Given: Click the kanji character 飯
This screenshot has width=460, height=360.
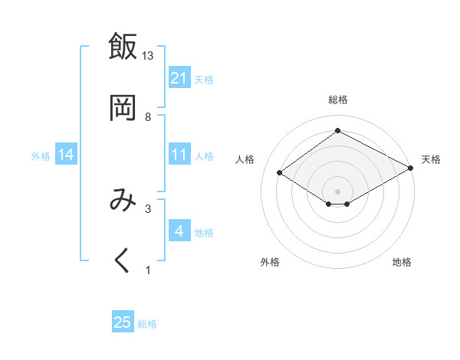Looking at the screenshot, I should (123, 47).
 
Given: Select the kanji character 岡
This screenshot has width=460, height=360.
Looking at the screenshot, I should (123, 108).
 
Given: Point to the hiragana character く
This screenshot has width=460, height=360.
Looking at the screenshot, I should (123, 260).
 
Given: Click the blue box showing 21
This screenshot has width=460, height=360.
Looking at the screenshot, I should (179, 78).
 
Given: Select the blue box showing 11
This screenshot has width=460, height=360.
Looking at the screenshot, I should (179, 155).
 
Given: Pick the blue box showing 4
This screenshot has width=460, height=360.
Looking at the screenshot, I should (179, 231).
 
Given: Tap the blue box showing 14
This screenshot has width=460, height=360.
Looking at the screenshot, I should (66, 155).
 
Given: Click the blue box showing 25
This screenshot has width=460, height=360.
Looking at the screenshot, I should (123, 322).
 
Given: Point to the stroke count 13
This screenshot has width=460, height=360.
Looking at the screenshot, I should (148, 56).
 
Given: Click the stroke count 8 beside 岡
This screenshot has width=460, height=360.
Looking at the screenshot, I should (148, 117).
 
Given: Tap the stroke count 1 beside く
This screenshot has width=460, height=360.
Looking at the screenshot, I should (148, 270).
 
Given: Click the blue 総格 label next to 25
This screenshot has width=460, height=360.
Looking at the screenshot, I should (147, 324).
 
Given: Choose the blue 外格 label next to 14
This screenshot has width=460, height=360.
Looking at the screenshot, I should (41, 156).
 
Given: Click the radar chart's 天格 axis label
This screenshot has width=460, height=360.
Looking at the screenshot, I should (431, 159).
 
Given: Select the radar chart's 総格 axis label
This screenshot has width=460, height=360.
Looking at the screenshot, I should (337, 100).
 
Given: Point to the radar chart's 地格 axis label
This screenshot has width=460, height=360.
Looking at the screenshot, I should (402, 262).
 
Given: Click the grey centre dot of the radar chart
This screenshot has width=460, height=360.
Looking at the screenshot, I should (337, 190).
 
